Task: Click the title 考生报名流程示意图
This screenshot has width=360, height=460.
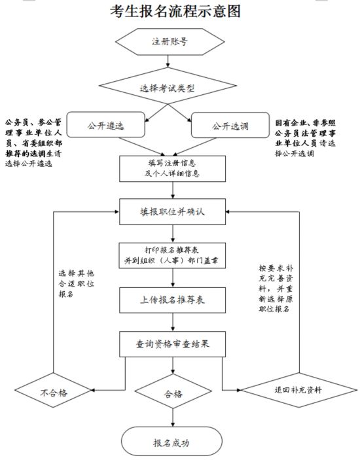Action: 175,11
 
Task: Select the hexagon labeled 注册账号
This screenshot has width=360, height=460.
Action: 170,42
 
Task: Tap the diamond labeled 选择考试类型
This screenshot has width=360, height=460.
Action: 168,86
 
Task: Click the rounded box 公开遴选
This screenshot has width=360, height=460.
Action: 105,125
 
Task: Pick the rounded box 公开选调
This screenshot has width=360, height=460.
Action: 230,125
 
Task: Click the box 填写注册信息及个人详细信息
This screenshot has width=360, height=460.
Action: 173,169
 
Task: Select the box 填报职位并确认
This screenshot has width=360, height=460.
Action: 173,212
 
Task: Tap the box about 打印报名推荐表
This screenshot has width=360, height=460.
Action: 172,256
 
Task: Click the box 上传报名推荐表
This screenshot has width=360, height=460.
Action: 173,300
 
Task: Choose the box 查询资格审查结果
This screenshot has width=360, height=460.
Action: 173,344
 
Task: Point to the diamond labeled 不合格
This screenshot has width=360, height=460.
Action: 54,390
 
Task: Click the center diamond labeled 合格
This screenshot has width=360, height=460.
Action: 173,391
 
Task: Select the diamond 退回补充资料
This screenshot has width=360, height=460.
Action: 299,390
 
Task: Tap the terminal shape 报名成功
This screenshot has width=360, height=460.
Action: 171,442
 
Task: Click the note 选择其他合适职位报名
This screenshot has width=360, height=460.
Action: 77,284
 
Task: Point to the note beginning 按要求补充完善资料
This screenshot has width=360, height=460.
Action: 276,289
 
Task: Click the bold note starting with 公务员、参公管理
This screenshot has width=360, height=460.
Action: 33,143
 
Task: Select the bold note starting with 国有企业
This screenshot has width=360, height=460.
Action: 305,138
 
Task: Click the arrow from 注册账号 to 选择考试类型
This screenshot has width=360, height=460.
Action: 168,62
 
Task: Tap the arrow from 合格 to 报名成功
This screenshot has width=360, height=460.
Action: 173,417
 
